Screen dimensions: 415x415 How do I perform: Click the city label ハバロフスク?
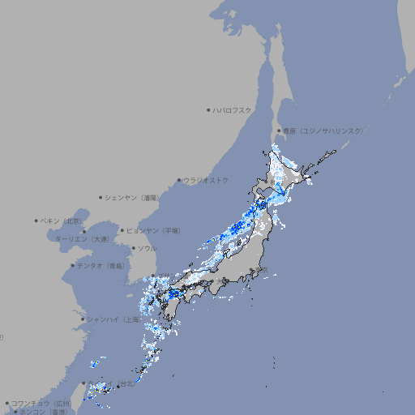(233, 109)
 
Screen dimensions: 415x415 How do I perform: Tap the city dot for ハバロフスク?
(208, 109)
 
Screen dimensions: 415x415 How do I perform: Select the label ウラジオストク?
(206, 180)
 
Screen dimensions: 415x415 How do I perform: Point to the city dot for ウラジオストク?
(179, 180)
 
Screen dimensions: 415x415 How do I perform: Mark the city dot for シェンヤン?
(101, 197)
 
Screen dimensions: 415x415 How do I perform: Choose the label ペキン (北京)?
(62, 220)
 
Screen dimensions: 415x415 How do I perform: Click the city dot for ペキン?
(36, 220)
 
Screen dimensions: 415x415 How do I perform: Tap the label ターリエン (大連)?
(81, 239)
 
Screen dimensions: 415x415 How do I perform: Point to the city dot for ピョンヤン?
(122, 230)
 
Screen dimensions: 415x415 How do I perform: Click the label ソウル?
(147, 248)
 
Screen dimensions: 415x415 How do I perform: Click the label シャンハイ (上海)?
(113, 319)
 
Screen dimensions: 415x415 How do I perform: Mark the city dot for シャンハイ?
(83, 319)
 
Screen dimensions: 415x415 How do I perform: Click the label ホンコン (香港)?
(43, 412)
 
